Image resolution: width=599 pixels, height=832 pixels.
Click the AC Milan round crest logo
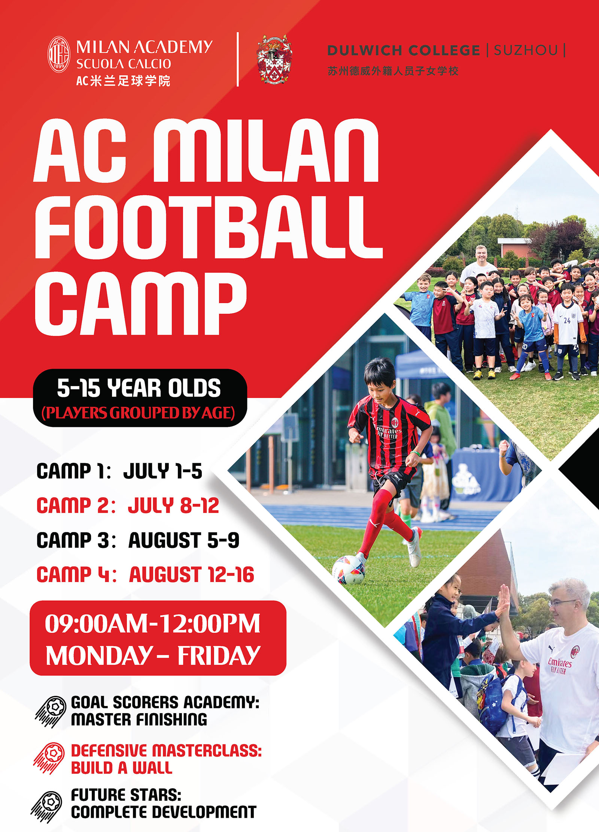click(x=59, y=54)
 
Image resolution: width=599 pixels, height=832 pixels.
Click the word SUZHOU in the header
click(x=526, y=50)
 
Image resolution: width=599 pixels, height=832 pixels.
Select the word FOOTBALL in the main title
click(x=208, y=227)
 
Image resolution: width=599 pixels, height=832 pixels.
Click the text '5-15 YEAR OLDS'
click(x=139, y=388)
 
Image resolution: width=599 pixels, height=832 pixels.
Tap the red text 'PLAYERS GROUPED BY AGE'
click(x=138, y=413)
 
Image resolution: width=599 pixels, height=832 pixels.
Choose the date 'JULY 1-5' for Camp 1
click(x=163, y=471)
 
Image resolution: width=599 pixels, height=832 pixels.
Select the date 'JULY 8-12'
click(x=173, y=506)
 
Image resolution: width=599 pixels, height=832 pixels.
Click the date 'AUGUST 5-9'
click(x=184, y=540)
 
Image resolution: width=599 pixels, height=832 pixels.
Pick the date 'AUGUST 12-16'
click(x=191, y=575)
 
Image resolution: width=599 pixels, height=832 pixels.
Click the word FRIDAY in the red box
click(x=219, y=655)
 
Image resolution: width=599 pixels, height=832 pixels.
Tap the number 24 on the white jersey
click(x=567, y=320)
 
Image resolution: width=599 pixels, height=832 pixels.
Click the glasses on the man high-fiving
click(x=562, y=603)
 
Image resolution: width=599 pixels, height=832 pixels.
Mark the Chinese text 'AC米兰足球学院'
click(x=123, y=81)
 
